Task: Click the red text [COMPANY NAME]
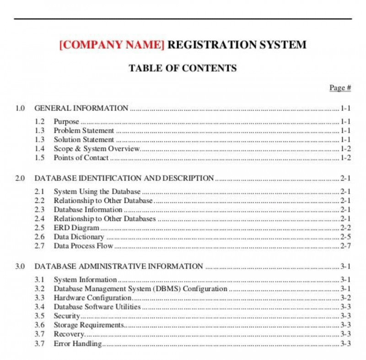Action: (112, 45)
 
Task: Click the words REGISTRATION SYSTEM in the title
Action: (237, 45)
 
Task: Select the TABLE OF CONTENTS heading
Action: (183, 68)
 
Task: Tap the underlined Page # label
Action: (340, 87)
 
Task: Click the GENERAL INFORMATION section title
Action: (81, 109)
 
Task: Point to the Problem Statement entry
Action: (84, 131)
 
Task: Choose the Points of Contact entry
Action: (81, 158)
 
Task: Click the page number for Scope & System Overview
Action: (345, 149)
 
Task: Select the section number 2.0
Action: (20, 178)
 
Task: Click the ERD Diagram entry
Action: (76, 228)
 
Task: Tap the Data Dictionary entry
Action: (79, 237)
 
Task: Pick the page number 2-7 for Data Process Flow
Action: (345, 246)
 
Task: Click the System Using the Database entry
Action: (97, 191)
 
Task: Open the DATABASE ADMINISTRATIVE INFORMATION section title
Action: (119, 266)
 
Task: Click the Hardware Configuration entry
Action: (93, 298)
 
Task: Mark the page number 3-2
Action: (345, 298)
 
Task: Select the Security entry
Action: (67, 316)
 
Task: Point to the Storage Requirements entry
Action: (89, 325)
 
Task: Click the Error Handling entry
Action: (78, 344)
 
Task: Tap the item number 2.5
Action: (40, 228)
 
